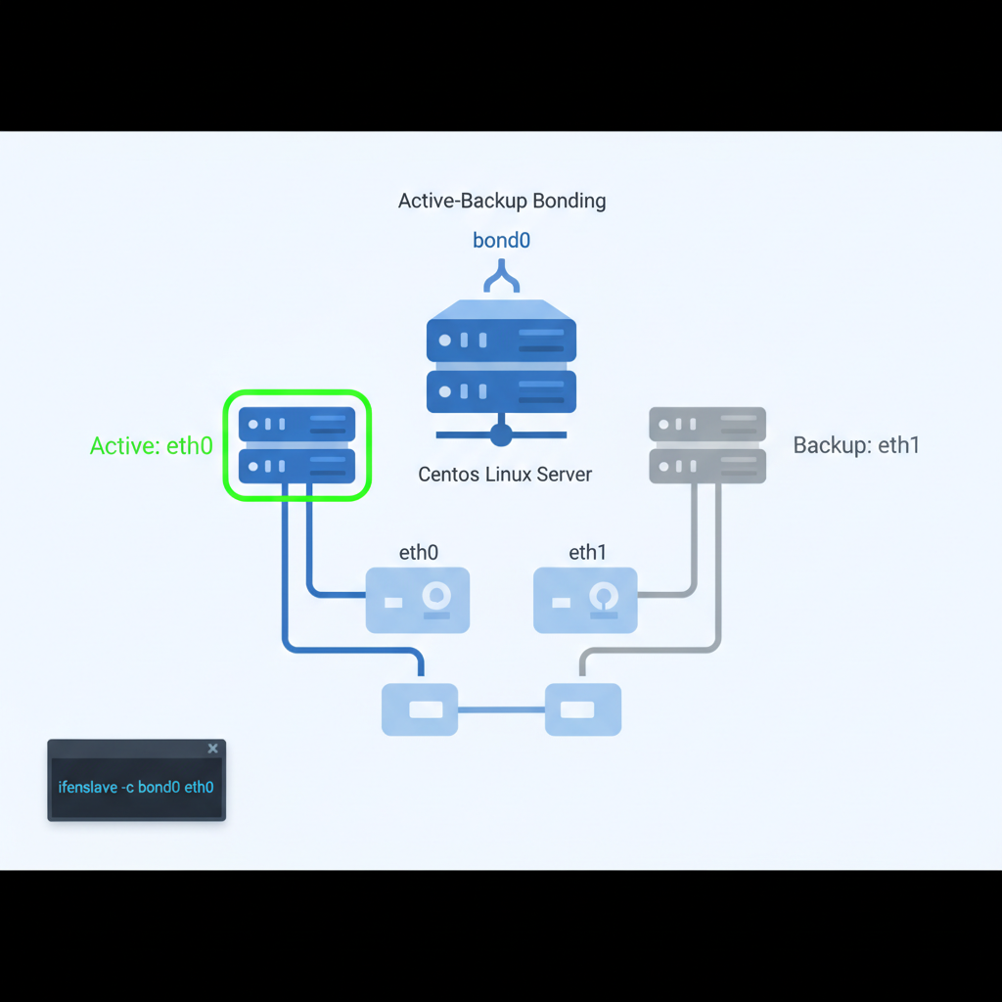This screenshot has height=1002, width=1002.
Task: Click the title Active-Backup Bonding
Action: click(502, 202)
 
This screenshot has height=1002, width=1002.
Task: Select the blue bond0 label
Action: click(501, 240)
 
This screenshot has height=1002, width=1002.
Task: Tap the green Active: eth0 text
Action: click(151, 446)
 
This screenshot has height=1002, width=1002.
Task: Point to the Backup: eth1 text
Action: click(856, 445)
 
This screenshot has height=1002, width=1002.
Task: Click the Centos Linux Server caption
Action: click(505, 475)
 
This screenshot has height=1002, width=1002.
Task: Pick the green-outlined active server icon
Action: click(296, 445)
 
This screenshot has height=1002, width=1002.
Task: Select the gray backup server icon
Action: click(707, 445)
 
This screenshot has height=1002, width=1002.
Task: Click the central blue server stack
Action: click(501, 357)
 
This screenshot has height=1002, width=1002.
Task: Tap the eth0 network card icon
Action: click(418, 600)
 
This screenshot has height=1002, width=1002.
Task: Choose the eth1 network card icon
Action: click(585, 600)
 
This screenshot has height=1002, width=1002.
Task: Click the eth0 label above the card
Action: click(418, 553)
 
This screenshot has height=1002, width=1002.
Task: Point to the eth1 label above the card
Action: click(587, 553)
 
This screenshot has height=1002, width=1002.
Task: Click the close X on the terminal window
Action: click(213, 749)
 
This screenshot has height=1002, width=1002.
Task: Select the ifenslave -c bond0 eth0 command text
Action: click(136, 787)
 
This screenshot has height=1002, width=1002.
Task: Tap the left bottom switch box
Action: click(420, 709)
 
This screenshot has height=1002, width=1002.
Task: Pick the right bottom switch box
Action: click(583, 709)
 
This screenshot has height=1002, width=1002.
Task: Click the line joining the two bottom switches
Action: click(501, 709)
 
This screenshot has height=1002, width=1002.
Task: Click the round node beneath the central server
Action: click(501, 433)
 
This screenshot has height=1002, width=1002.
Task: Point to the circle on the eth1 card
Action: click(604, 595)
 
